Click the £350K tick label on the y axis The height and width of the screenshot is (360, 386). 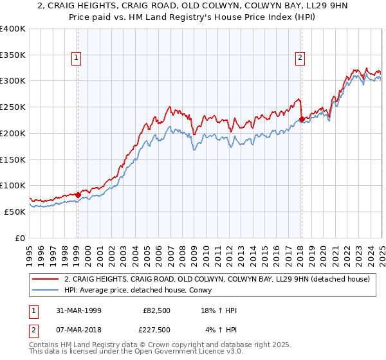(13, 55)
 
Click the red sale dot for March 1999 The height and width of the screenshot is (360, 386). (78, 194)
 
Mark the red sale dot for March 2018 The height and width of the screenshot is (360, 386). (301, 119)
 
